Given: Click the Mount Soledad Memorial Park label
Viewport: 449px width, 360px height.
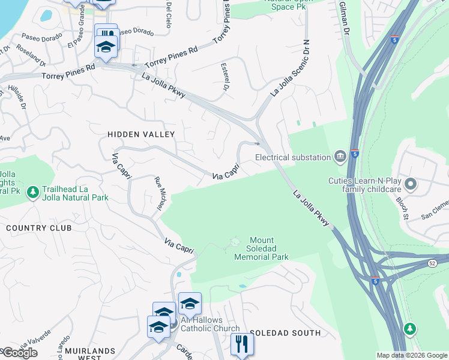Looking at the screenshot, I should [x=261, y=248].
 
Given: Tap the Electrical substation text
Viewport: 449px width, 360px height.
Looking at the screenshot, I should [x=293, y=157].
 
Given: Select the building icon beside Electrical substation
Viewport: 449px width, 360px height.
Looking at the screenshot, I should [x=340, y=157].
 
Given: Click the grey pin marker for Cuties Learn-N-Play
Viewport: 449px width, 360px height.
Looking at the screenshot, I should [x=411, y=184].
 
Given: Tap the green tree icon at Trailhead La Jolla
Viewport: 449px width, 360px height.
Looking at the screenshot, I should [x=33, y=192].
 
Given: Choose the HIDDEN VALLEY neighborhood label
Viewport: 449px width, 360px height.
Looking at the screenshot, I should [x=141, y=134].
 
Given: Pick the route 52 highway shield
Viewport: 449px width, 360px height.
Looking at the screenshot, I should [x=433, y=263].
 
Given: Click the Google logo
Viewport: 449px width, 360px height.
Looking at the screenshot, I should [x=20, y=353].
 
